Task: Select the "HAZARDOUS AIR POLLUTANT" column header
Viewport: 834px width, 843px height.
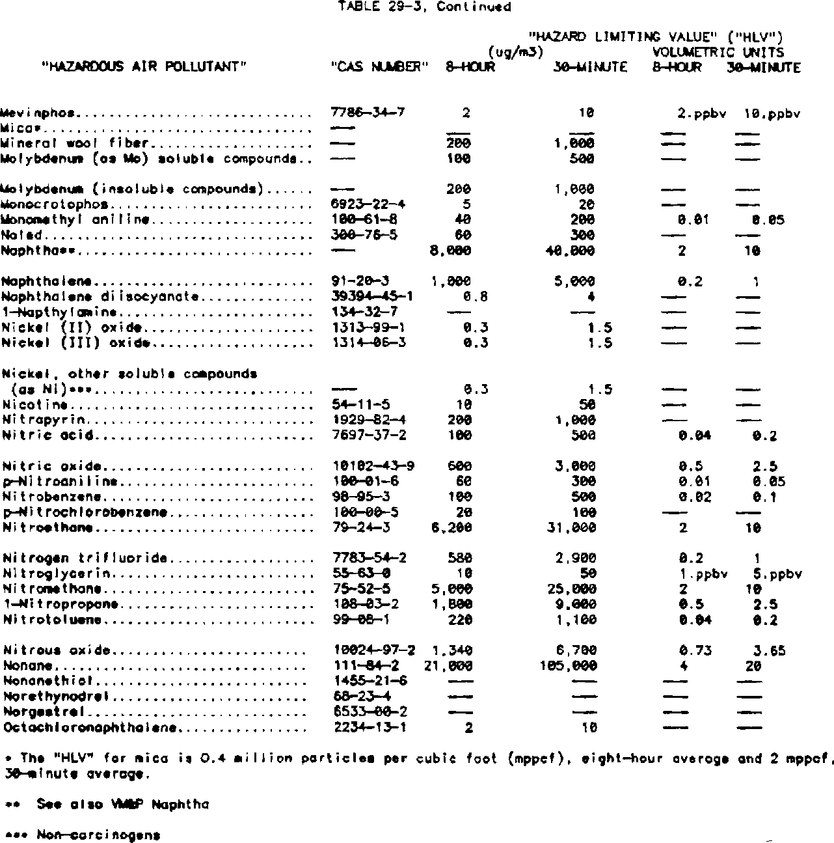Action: (x=142, y=67)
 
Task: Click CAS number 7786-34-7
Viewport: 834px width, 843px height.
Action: (x=368, y=113)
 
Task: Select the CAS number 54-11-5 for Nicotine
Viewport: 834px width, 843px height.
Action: (x=361, y=405)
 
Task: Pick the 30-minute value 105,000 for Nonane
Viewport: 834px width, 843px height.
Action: (x=568, y=666)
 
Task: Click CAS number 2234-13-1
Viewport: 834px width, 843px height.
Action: (x=370, y=727)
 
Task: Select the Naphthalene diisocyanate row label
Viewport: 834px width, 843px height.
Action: (x=100, y=297)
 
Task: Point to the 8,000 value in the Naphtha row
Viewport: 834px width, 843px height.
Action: (x=451, y=251)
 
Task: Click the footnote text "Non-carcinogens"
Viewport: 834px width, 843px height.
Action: (x=98, y=834)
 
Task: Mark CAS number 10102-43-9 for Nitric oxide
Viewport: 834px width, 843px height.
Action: (x=373, y=466)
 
